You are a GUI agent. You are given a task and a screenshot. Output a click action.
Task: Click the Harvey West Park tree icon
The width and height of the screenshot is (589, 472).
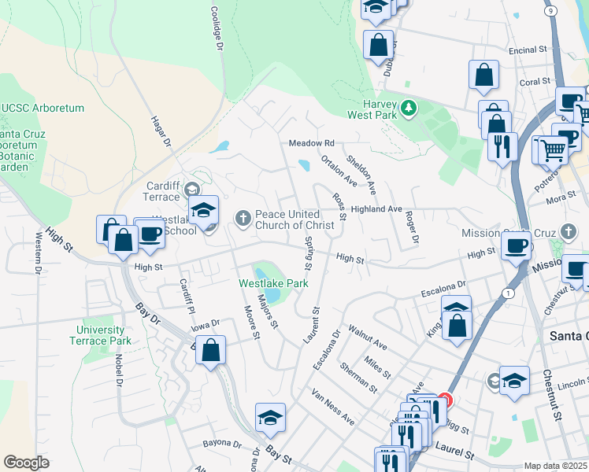pos(408,107)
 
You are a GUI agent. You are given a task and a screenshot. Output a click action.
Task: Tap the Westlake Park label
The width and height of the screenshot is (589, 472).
pos(274,282)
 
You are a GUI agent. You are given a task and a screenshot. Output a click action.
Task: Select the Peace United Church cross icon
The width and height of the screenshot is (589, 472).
pos(243,216)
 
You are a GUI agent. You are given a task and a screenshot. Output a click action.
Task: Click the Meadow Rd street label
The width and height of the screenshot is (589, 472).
pos(312,143)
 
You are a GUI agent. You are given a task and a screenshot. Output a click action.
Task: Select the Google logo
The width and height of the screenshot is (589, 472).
pos(26,463)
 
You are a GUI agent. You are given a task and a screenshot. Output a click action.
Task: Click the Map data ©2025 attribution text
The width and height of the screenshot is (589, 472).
pos(554,466)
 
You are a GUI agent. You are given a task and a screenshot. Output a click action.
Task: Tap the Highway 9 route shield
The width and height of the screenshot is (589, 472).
pos(550,9)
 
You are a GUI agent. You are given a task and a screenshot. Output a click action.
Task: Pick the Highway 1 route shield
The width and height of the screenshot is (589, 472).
pos(509,293)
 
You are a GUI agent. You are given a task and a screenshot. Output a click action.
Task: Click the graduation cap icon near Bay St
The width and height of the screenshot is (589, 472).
pos(270,417)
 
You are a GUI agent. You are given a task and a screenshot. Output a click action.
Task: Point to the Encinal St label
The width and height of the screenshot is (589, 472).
pos(528,50)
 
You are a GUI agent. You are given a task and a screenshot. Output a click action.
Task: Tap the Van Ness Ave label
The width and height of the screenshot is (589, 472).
pos(332,406)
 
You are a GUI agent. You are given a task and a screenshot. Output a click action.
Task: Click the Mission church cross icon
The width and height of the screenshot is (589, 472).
pos(569,231)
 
